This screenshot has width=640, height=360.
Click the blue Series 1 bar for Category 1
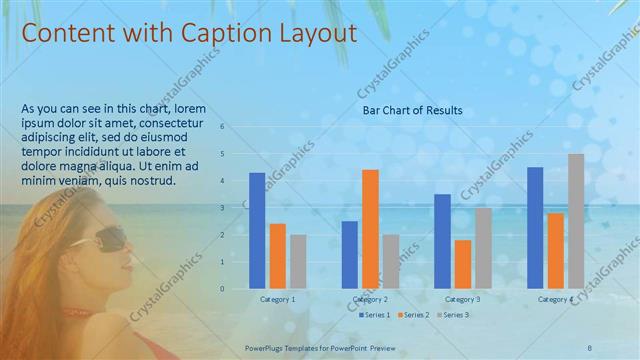click(257, 231)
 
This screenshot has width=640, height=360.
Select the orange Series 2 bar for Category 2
click(370, 229)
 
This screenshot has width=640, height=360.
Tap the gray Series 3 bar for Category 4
click(576, 221)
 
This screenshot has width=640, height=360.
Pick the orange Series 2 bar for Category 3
click(462, 264)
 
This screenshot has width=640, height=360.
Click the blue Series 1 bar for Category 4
click(535, 228)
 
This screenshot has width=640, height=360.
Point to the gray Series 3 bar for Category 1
click(298, 262)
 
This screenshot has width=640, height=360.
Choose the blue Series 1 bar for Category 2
click(350, 255)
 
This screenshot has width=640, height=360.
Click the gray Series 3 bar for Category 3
click(483, 248)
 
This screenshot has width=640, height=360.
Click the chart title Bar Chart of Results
click(412, 110)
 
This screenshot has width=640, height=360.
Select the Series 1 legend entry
click(373, 314)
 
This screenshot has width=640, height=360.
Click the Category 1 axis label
click(277, 299)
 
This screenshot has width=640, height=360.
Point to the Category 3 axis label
click(462, 299)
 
